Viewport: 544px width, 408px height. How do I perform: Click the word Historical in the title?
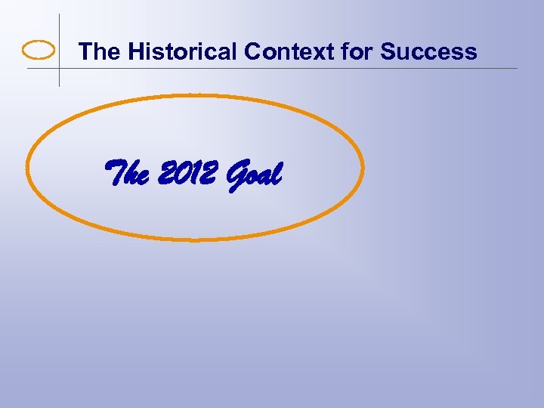pos(182,51)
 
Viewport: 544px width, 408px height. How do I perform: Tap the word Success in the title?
pos(428,51)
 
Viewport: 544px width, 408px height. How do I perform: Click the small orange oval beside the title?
pos(39,51)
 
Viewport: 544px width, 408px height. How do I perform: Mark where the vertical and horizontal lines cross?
pos(59,69)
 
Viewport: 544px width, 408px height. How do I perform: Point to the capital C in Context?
pos(252,51)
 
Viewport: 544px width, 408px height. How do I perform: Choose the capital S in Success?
pos(388,51)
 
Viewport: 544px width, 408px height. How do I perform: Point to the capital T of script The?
pos(115,173)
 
